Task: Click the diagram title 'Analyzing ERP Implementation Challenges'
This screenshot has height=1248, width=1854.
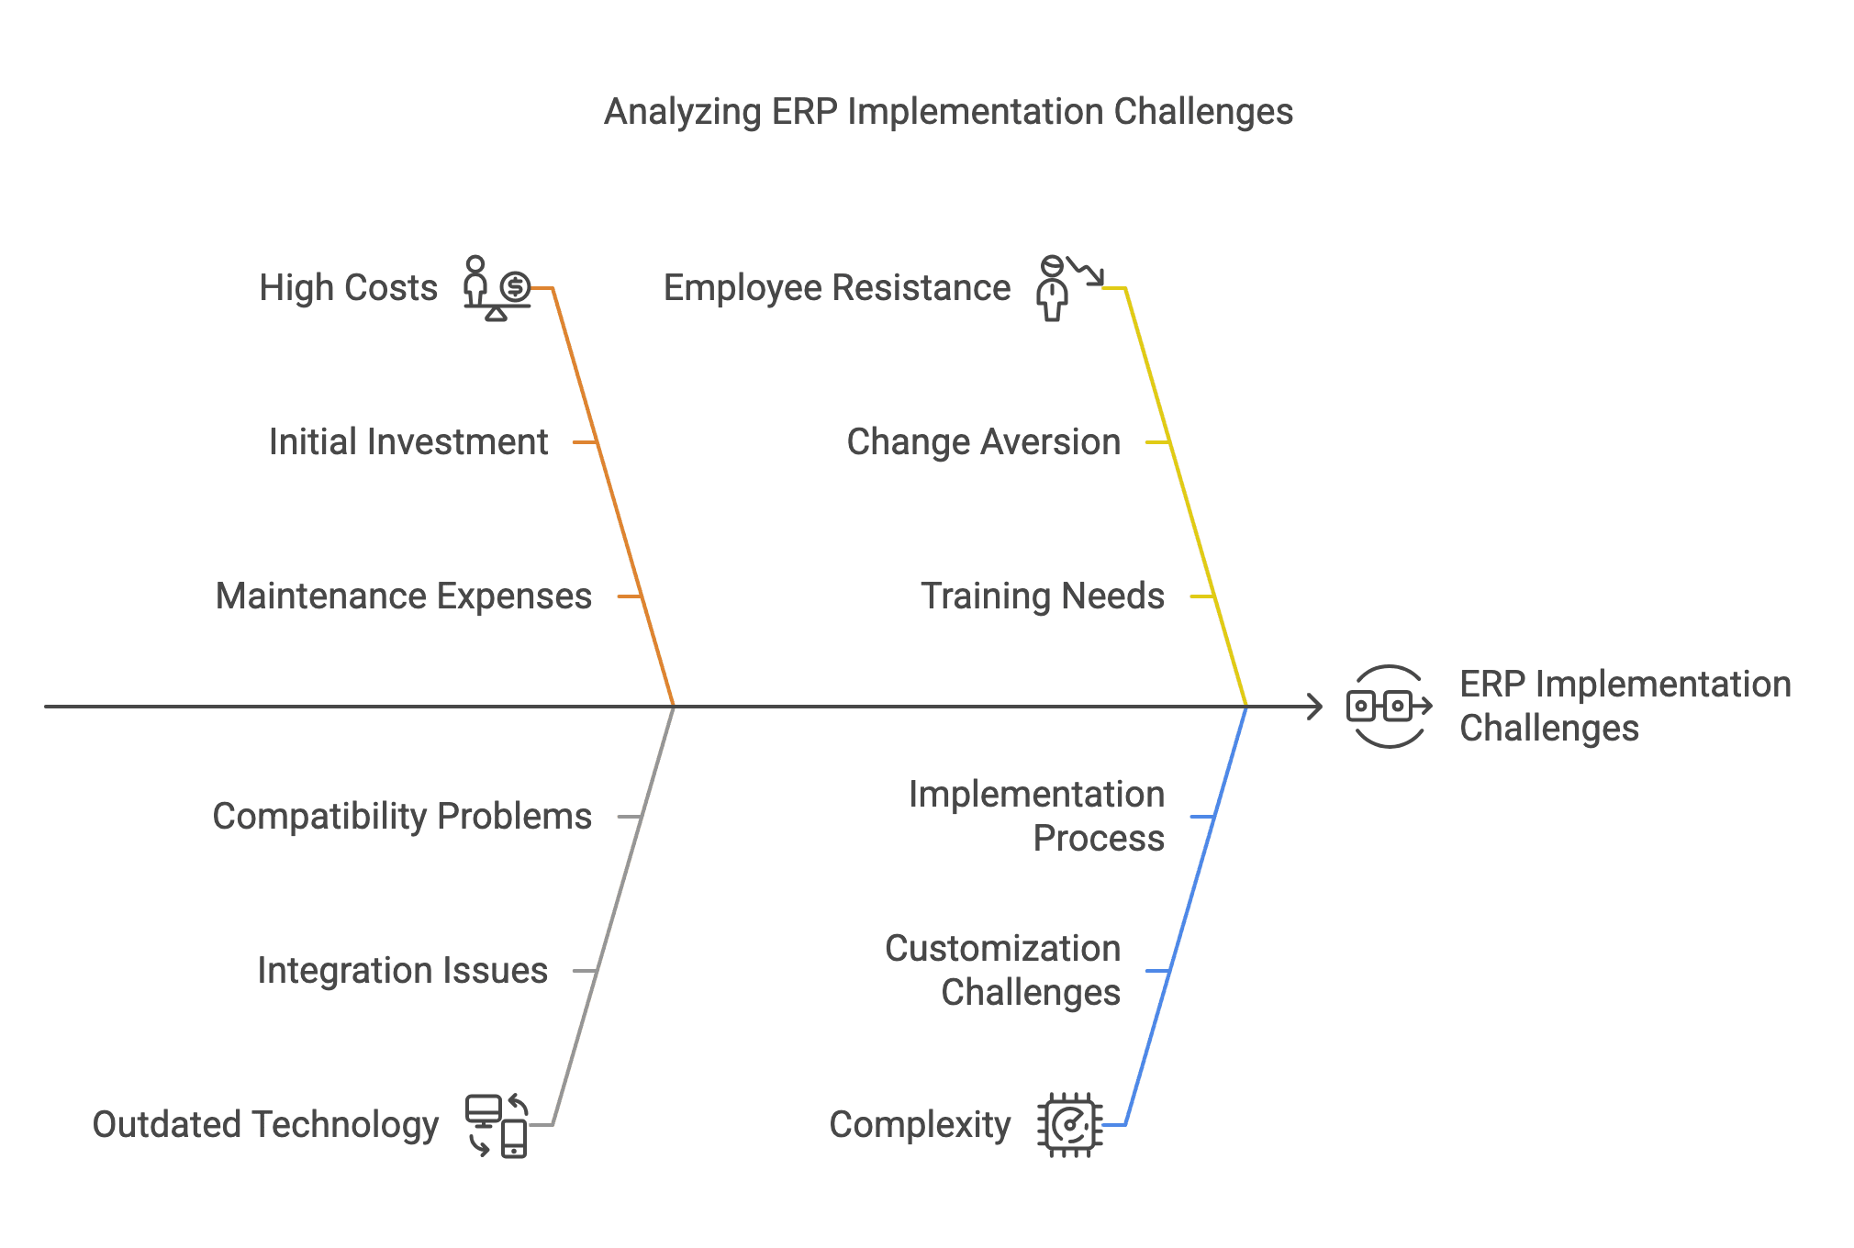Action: click(948, 112)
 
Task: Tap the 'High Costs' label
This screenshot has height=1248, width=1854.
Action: click(348, 288)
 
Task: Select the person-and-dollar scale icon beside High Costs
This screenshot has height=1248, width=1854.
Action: click(497, 288)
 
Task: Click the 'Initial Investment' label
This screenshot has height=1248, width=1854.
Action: click(408, 442)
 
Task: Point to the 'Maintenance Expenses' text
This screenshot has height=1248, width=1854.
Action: click(403, 596)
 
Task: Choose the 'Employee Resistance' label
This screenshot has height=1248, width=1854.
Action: click(836, 288)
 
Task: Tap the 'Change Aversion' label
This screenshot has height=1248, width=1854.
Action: click(983, 442)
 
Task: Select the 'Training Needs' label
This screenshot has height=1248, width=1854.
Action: click(1042, 596)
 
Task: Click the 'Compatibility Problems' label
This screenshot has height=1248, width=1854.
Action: click(402, 817)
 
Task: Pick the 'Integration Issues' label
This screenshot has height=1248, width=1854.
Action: click(402, 971)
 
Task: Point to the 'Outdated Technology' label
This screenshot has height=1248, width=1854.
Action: click(265, 1125)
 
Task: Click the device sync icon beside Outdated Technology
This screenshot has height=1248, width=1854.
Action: click(497, 1125)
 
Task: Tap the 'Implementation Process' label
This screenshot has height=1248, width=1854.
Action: click(1036, 816)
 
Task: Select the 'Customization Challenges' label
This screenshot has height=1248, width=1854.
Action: click(1002, 970)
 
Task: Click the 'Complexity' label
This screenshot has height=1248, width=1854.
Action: click(920, 1125)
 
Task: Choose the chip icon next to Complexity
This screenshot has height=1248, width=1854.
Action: click(1069, 1125)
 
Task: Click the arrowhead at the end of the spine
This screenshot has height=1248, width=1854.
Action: click(1316, 707)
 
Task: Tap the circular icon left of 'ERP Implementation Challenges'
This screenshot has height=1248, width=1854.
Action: click(1388, 707)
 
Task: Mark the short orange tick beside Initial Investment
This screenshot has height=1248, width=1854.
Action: click(585, 442)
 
